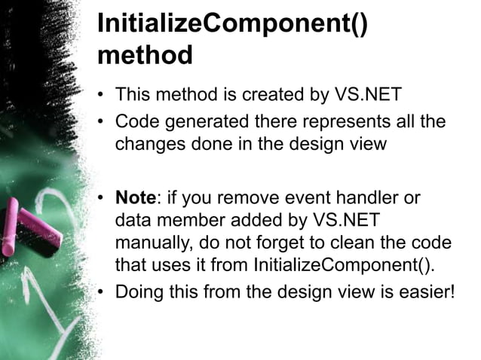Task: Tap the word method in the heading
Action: click(145, 55)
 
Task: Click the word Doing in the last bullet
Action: click(139, 291)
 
